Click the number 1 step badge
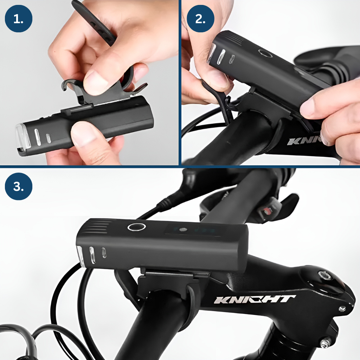point(18,19)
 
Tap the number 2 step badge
point(200,19)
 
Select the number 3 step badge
point(18,186)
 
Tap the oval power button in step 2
point(265,53)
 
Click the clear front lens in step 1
point(22,137)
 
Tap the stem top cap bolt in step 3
point(324,275)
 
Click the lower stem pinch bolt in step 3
point(325,344)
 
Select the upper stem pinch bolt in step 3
point(342,309)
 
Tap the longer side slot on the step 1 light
point(37,137)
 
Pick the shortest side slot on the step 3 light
point(104,253)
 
